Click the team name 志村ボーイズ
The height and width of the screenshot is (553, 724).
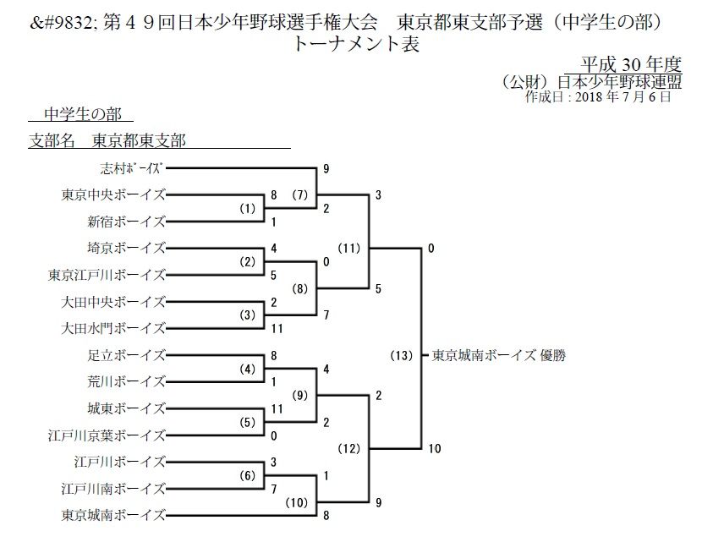click(130, 167)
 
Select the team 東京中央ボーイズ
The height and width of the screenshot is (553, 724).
click(113, 194)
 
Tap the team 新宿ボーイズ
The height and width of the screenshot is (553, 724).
click(126, 222)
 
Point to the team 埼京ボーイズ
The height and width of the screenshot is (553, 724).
click(126, 248)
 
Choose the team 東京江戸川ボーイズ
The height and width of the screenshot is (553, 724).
click(107, 274)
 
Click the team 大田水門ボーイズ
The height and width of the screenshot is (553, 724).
click(113, 327)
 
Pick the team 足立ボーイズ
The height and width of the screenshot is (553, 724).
click(126, 354)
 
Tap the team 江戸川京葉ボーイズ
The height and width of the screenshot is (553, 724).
click(107, 435)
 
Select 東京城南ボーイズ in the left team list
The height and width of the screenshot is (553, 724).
click(113, 514)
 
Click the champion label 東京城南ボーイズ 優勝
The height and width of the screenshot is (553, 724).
click(498, 356)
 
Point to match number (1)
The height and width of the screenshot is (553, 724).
click(246, 208)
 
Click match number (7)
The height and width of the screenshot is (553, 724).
click(300, 195)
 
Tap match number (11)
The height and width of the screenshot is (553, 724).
click(348, 249)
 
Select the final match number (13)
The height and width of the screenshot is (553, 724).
click(401, 356)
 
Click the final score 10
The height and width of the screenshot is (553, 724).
click(434, 449)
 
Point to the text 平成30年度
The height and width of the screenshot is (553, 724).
click(631, 64)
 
